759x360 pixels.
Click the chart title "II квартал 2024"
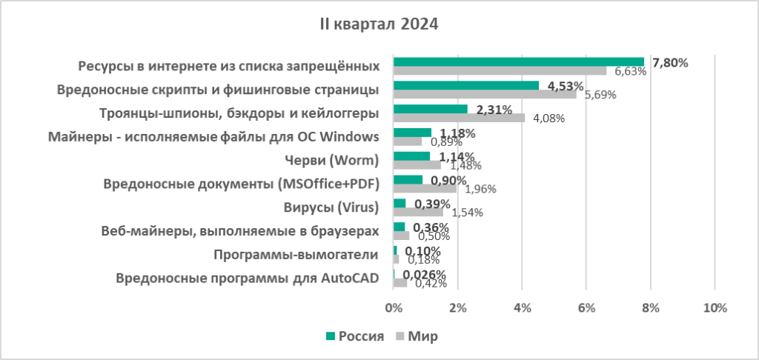[379, 24]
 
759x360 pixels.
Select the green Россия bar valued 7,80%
[518, 62]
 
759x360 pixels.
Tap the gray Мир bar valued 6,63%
[500, 71]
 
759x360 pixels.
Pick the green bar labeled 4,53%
[466, 85]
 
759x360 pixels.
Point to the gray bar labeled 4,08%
[459, 117]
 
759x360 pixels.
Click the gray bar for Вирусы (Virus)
[418, 211]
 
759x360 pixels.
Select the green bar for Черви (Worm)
[411, 156]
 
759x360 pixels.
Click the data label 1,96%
[480, 189]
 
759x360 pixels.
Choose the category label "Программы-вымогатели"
[296, 255]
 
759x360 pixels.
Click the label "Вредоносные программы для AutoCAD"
[248, 279]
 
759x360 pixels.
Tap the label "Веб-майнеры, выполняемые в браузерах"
[239, 231]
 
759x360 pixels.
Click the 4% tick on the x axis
[522, 307]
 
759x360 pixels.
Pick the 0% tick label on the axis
[394, 307]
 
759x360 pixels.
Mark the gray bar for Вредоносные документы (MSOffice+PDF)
[425, 188]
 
